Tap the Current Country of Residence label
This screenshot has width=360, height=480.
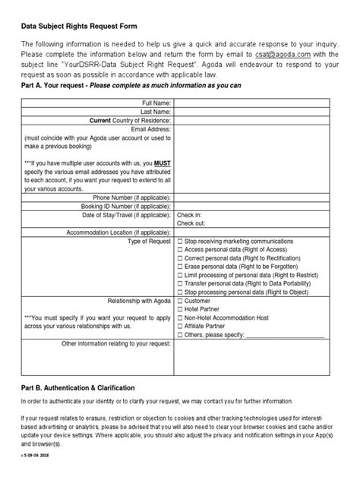click(131, 120)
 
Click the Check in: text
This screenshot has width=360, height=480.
click(189, 216)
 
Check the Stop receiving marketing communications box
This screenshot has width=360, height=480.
click(180, 241)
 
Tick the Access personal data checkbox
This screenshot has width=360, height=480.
click(180, 249)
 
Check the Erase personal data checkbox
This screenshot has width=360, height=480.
click(180, 266)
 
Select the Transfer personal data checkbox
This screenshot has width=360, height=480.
click(180, 283)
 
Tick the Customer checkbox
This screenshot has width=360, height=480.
click(180, 301)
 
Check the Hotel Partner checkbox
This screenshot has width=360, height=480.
click(180, 309)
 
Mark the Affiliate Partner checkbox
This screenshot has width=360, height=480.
click(180, 327)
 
